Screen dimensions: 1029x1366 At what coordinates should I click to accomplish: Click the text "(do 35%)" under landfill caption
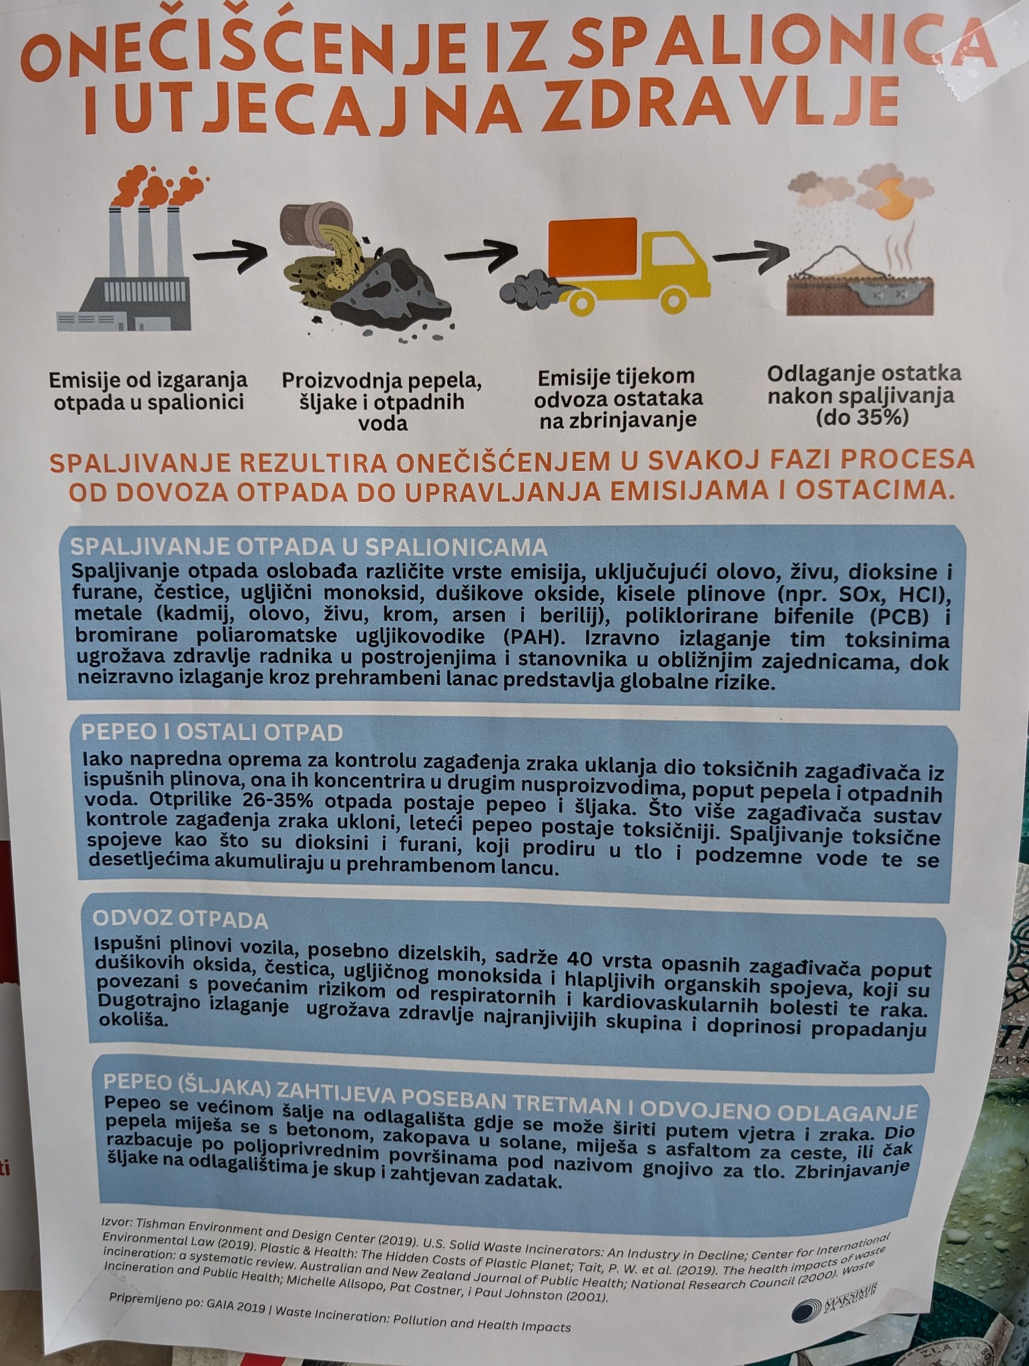pyautogui.click(x=861, y=418)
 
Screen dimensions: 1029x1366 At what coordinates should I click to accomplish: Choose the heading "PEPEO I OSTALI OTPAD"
pyautogui.click(x=212, y=732)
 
